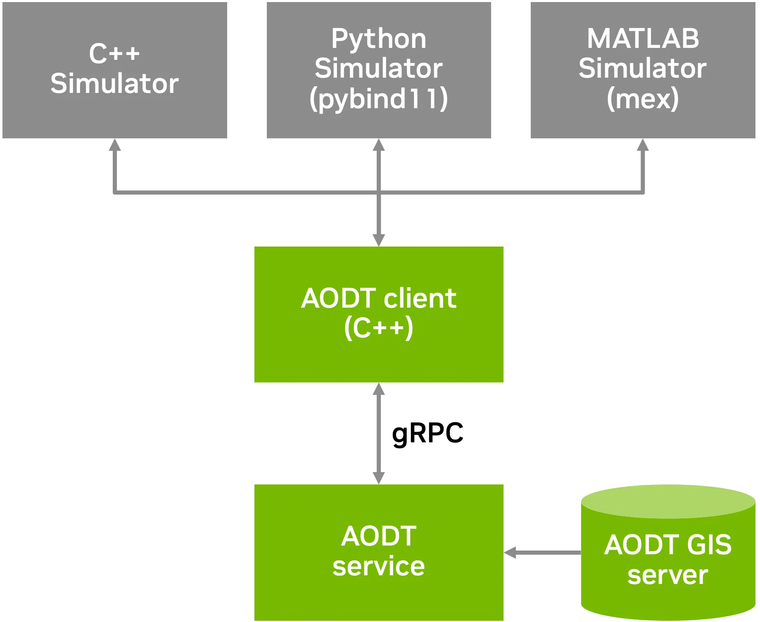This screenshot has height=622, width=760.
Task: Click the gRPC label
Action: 427,434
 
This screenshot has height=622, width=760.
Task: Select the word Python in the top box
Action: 378,39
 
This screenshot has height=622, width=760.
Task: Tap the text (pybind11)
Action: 378,99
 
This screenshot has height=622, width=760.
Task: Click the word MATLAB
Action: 643,39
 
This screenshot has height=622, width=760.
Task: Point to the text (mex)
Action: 643,99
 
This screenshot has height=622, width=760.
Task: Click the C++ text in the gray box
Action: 114,54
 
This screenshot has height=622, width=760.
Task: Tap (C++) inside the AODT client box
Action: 378,328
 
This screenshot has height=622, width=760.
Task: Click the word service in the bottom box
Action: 378,566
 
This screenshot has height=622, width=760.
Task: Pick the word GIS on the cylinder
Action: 709,545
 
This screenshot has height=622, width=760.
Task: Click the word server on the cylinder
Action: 667,575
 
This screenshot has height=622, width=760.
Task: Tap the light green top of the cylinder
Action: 668,501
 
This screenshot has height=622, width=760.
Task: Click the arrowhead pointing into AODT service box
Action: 510,553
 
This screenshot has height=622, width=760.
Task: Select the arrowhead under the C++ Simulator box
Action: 115,145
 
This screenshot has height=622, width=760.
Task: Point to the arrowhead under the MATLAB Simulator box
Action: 643,145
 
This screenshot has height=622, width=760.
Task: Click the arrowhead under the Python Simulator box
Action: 379,145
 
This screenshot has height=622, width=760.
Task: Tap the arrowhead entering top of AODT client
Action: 379,240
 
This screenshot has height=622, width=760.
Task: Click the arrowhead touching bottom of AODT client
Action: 379,389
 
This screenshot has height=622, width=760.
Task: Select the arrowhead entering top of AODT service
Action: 379,478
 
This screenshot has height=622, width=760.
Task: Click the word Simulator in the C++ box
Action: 114,84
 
